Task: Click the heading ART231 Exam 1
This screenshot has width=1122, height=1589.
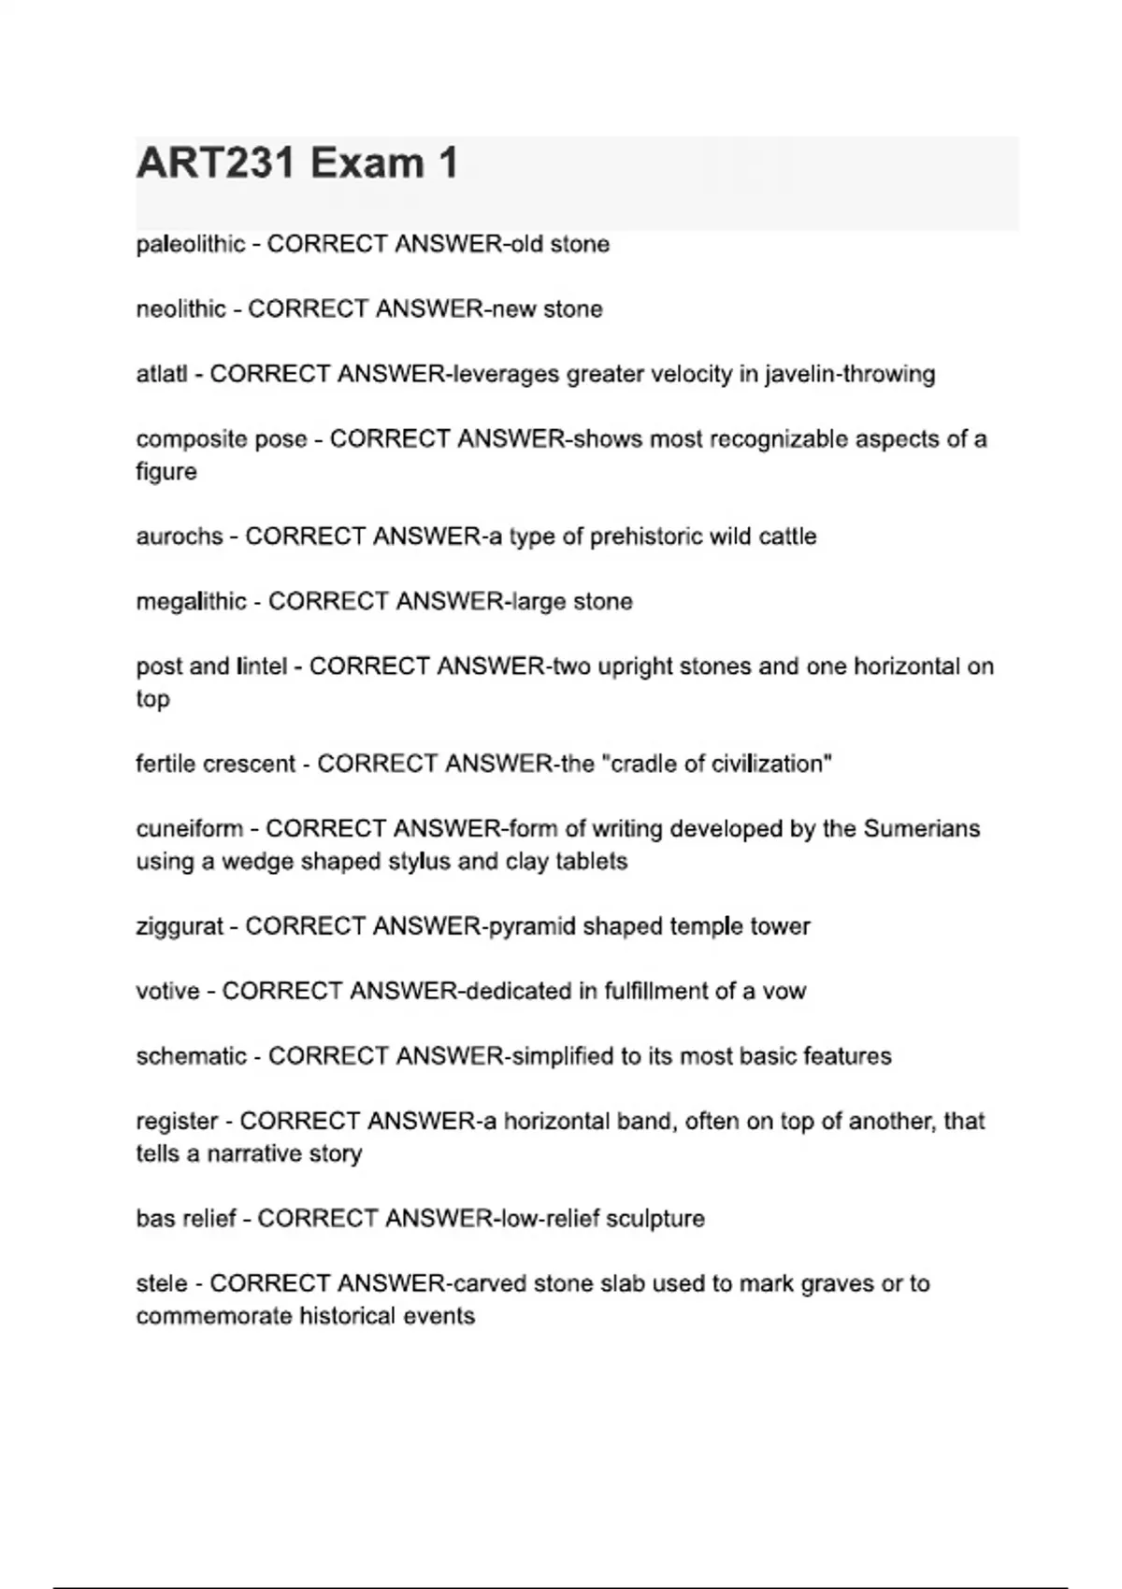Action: click(297, 164)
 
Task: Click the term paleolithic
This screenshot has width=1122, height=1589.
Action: click(191, 245)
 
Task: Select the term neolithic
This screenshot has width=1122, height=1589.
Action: click(180, 309)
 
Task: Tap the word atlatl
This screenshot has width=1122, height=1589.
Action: click(161, 374)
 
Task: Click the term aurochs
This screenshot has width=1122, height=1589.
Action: click(179, 537)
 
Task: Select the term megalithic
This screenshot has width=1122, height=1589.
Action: click(191, 602)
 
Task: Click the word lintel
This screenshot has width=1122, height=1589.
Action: click(262, 666)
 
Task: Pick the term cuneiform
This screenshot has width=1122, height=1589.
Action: click(189, 829)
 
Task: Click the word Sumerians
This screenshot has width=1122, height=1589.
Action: click(921, 829)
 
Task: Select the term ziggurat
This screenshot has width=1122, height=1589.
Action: click(179, 926)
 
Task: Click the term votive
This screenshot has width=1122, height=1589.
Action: click(167, 991)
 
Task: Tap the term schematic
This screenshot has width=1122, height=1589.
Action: click(191, 1056)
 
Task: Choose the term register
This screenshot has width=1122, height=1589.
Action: click(177, 1122)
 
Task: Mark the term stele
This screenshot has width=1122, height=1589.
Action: click(161, 1284)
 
